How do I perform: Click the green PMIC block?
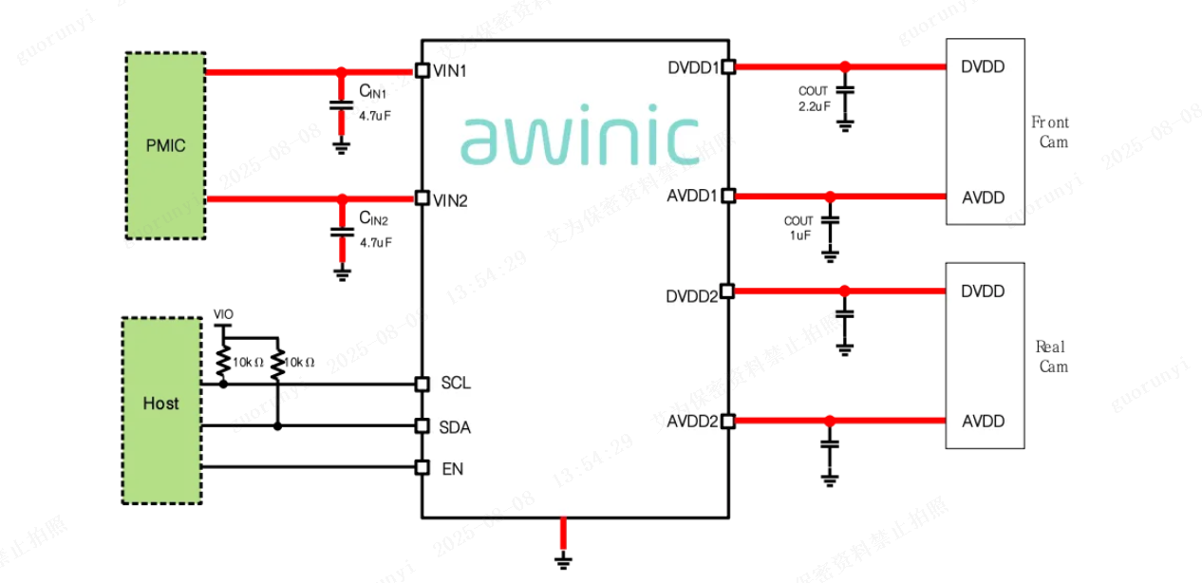click(x=165, y=145)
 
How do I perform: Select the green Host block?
click(x=161, y=404)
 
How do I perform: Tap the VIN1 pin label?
click(x=450, y=70)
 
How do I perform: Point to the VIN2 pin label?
click(x=450, y=200)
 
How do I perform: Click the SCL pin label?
click(x=456, y=384)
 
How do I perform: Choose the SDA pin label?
click(x=456, y=427)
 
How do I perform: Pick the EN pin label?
click(x=453, y=468)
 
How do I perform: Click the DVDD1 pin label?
click(x=693, y=67)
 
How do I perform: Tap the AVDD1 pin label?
click(x=693, y=197)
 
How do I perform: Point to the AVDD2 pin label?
click(x=693, y=422)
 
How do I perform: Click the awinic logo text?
click(x=580, y=137)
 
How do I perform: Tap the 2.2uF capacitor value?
click(x=814, y=105)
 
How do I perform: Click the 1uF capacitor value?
click(x=799, y=235)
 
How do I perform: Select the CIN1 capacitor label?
click(x=373, y=92)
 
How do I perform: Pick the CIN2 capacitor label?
click(x=373, y=219)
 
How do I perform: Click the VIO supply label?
click(x=223, y=314)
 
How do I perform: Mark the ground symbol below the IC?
click(x=564, y=561)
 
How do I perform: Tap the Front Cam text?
click(x=1051, y=132)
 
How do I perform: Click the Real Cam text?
click(x=1051, y=356)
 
